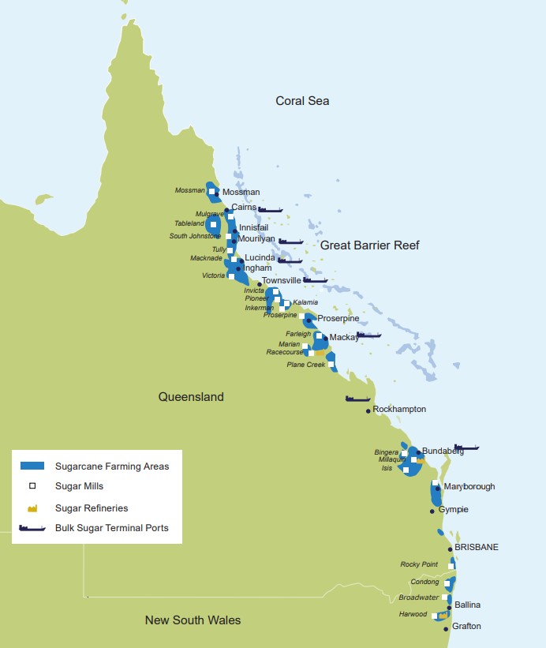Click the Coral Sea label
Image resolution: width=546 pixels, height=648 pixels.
[x=302, y=101]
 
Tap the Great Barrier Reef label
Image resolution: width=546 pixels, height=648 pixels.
[x=369, y=245]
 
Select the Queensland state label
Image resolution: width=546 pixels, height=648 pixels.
[x=191, y=397]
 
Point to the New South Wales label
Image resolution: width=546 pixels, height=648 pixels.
[x=193, y=620]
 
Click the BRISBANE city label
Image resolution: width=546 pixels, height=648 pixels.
[x=477, y=547]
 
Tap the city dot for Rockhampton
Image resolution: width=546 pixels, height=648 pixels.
[x=368, y=410]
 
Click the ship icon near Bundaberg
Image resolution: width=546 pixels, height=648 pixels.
[x=466, y=448]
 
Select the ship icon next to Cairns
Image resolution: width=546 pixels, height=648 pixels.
[x=270, y=210]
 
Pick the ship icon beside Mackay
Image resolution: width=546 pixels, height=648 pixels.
[x=368, y=335]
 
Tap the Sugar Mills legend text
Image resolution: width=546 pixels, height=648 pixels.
[x=79, y=487]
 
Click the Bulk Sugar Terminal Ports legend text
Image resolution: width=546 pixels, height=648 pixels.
[x=111, y=528]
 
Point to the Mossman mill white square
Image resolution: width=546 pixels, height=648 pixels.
[x=211, y=190]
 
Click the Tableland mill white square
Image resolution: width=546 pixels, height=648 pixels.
[x=213, y=224]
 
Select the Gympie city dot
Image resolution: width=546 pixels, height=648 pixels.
[x=432, y=511]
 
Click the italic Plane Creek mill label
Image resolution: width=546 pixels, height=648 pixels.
[x=305, y=365]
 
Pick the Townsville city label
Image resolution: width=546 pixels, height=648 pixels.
[x=282, y=280]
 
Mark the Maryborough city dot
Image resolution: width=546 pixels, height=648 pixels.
[x=438, y=489]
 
